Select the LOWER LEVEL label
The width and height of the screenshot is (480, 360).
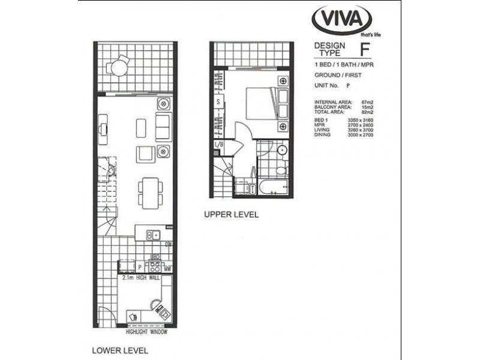coord(119,350)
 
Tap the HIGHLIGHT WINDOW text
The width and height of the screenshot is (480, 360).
coord(146,332)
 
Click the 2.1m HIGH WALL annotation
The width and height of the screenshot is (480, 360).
coord(142,278)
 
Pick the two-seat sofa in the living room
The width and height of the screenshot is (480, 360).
coord(163,127)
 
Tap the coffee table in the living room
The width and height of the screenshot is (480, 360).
coord(142,127)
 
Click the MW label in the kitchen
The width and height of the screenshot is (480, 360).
coord(167,269)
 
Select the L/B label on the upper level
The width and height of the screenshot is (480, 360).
coord(220,145)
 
